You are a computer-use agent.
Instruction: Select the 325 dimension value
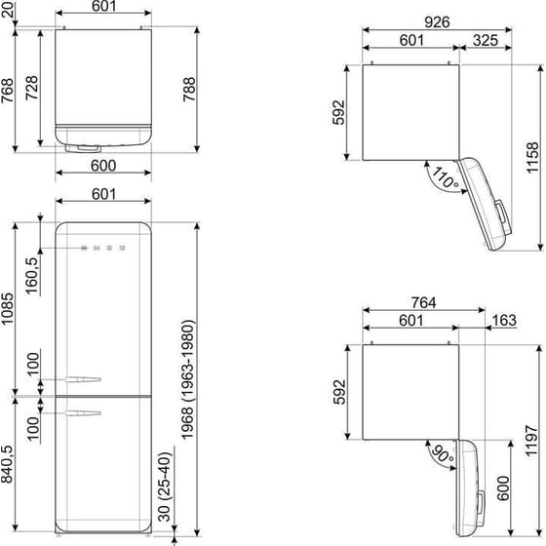pos(487,40)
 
